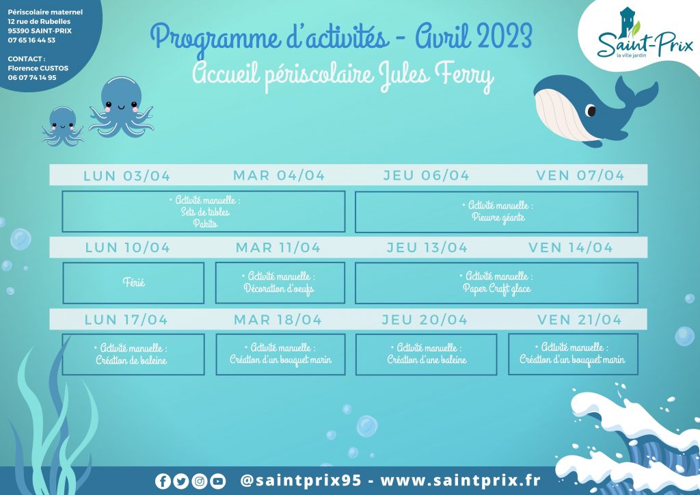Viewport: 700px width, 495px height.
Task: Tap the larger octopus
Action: click(x=121, y=107)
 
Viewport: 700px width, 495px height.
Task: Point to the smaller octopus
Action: click(x=62, y=126)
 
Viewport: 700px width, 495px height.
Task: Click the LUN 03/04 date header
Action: click(x=126, y=176)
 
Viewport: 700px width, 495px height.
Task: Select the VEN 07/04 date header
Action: click(x=580, y=176)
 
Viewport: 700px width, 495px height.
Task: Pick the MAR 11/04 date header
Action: click(x=278, y=247)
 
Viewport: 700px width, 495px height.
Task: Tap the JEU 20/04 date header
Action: click(x=425, y=319)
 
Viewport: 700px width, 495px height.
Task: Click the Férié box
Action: click(x=133, y=283)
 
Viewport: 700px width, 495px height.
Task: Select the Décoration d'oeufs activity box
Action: click(x=280, y=283)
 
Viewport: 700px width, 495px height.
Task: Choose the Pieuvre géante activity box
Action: click(x=496, y=212)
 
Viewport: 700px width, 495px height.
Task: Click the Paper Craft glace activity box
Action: click(x=496, y=283)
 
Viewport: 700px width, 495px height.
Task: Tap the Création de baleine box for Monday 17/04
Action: click(x=133, y=354)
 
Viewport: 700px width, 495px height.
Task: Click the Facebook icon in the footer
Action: click(x=163, y=481)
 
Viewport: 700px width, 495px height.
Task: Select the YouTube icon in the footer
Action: click(x=217, y=481)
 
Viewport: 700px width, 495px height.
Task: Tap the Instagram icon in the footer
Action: click(x=200, y=481)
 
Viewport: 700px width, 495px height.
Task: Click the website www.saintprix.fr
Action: click(x=460, y=481)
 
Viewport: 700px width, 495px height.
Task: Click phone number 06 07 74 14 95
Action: click(x=32, y=78)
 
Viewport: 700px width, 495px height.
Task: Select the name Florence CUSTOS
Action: click(x=38, y=68)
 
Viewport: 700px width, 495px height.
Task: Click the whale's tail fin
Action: click(x=636, y=92)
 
